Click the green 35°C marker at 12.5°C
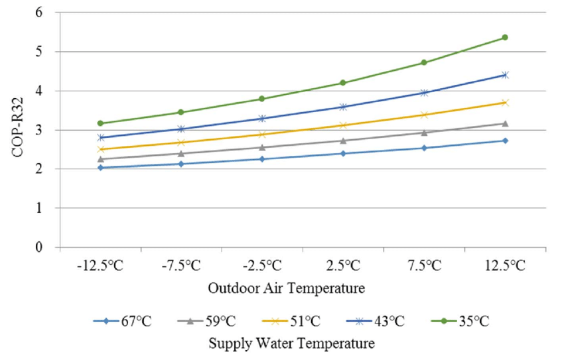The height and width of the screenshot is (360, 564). point(505,37)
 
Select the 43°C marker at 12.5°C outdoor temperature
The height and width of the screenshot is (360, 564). point(505,75)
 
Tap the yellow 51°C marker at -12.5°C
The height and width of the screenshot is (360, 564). point(100,149)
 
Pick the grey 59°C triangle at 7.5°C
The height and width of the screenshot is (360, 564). point(424,133)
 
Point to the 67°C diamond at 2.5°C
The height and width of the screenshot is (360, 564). point(343,153)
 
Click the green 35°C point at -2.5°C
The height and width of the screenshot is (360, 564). point(262,99)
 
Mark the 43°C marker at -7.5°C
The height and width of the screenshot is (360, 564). point(181,129)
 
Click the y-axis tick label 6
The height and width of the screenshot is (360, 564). point(44,13)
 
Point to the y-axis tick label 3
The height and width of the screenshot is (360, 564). point(44,130)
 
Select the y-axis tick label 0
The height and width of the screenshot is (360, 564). point(44,247)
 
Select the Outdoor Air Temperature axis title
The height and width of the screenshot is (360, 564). point(287,288)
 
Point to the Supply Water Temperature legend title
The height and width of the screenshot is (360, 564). point(291,344)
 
